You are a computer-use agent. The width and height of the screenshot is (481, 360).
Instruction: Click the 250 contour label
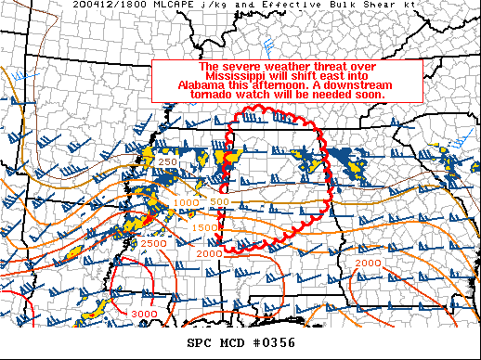[167, 162]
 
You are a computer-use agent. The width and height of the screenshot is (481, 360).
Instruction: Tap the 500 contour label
[220, 201]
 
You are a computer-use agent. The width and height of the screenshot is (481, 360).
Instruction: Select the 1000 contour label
[187, 202]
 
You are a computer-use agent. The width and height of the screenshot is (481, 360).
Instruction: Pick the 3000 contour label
[143, 315]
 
